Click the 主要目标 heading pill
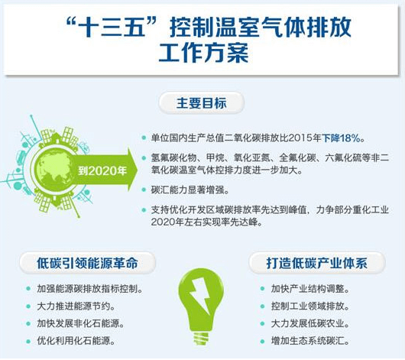point(201,103)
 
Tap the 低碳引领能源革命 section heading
point(87,263)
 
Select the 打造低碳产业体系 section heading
point(317,263)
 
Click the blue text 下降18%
point(341,138)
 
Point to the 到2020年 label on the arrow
point(102,170)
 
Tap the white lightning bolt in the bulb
point(200,295)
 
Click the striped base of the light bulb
point(201,339)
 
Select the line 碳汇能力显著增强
point(190,190)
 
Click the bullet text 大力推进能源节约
point(76,306)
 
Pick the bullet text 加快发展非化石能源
point(80,323)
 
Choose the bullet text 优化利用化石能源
point(76,341)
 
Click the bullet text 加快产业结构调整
point(310,289)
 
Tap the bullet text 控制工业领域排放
point(310,306)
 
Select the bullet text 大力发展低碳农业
point(310,323)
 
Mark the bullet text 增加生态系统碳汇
point(310,341)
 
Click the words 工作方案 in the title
point(203,53)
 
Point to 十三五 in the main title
point(111,27)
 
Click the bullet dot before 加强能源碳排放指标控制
point(28,289)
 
